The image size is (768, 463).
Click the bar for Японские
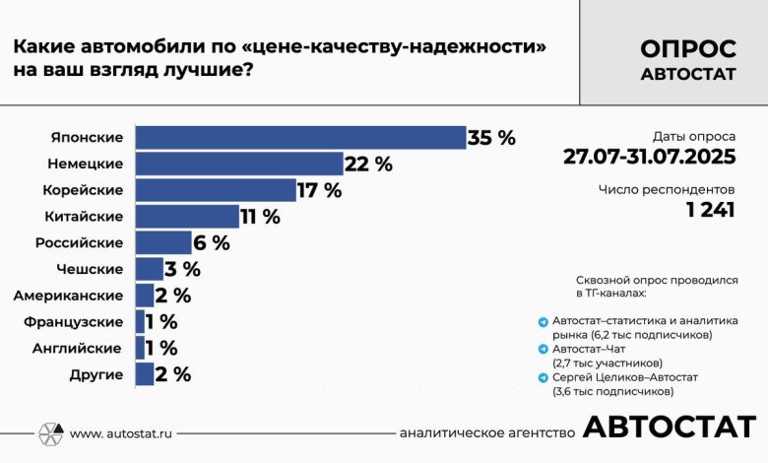(300, 138)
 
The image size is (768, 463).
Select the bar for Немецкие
(239, 164)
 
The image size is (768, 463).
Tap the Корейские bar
(216, 190)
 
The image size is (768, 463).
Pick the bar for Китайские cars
(187, 216)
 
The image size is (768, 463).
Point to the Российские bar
(163, 242)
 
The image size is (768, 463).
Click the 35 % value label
(492, 138)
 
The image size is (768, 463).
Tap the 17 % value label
(319, 190)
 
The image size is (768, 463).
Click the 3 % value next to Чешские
(182, 269)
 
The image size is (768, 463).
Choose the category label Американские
(68, 296)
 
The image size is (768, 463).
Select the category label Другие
(96, 374)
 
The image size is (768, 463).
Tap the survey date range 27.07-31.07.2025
(649, 157)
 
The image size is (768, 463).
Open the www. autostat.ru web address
(123, 433)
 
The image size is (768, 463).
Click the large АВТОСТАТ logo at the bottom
(670, 428)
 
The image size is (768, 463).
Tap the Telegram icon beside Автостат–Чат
(543, 349)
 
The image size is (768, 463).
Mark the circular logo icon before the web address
(51, 432)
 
